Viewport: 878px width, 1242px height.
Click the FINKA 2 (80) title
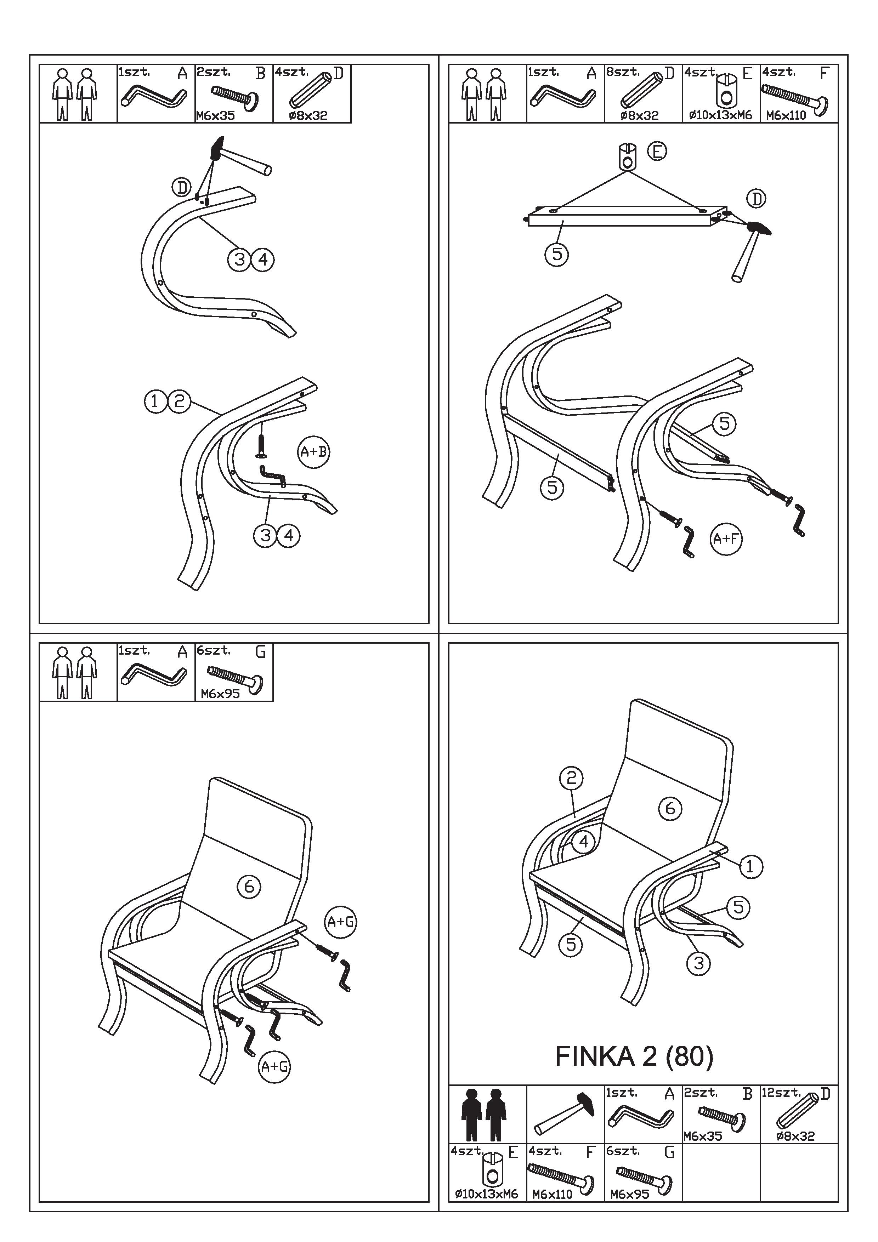[x=634, y=1056]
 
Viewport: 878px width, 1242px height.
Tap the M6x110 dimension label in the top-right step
[x=786, y=115]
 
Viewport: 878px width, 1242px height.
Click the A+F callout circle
[x=725, y=539]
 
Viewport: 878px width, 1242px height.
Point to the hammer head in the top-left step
[x=217, y=148]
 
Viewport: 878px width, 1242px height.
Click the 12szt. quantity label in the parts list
[x=781, y=1092]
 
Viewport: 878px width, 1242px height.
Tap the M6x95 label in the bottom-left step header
[x=220, y=694]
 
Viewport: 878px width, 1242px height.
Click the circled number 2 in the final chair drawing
[x=571, y=779]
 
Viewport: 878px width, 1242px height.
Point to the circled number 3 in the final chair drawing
[x=698, y=963]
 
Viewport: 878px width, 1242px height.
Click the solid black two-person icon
[x=484, y=1115]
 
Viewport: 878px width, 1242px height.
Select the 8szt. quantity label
[x=623, y=72]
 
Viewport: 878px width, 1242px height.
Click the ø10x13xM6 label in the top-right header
[x=721, y=115]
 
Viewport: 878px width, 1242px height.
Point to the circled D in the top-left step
[x=182, y=188]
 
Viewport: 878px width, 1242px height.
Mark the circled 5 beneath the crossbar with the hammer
[x=557, y=254]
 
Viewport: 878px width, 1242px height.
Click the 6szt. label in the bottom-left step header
[x=213, y=651]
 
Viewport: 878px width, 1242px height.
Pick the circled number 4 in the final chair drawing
[x=583, y=841]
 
